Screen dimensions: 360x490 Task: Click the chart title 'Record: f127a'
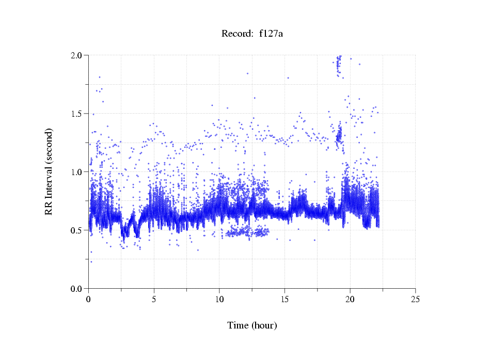tap(252, 34)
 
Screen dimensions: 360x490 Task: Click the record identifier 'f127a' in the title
tap(271, 34)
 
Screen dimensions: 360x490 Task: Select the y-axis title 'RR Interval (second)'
tap(49, 171)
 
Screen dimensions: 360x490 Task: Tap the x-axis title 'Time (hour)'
tap(252, 325)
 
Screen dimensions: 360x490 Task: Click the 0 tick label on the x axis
tap(89, 299)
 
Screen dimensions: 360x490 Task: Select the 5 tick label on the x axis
tap(154, 299)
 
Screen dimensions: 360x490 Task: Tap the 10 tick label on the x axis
tap(219, 299)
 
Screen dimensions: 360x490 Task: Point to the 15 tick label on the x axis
tap(285, 299)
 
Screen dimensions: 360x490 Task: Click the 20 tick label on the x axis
tap(350, 299)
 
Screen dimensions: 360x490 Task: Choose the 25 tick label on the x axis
tap(416, 299)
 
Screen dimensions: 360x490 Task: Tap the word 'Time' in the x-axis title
tap(238, 325)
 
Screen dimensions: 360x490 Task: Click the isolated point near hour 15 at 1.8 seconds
tap(288, 78)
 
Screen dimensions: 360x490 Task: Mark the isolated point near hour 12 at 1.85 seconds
tap(248, 73)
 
